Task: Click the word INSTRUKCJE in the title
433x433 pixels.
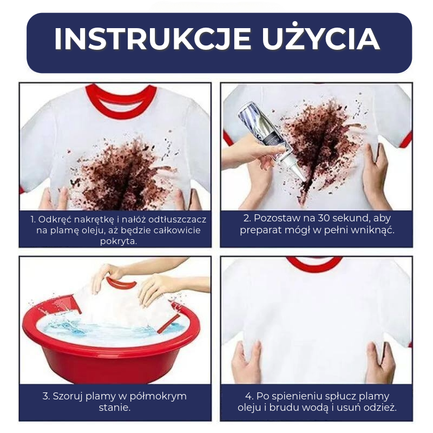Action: pyautogui.click(x=153, y=39)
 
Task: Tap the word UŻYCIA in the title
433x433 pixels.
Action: pyautogui.click(x=321, y=37)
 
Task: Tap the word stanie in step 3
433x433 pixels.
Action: pyautogui.click(x=113, y=408)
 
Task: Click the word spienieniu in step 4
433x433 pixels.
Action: pyautogui.click(x=293, y=397)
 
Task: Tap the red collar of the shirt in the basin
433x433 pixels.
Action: pyautogui.click(x=121, y=284)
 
